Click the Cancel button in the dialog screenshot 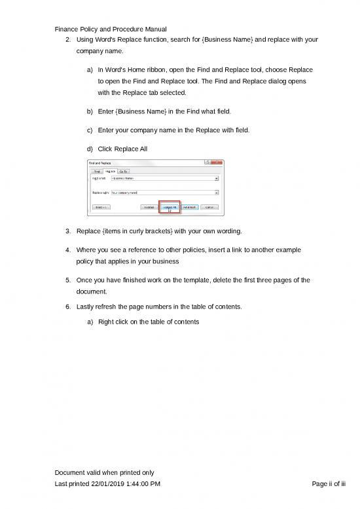point(210,206)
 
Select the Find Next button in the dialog point(190,206)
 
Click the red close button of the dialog point(219,162)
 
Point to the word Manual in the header point(154,29)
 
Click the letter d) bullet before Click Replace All point(89,149)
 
